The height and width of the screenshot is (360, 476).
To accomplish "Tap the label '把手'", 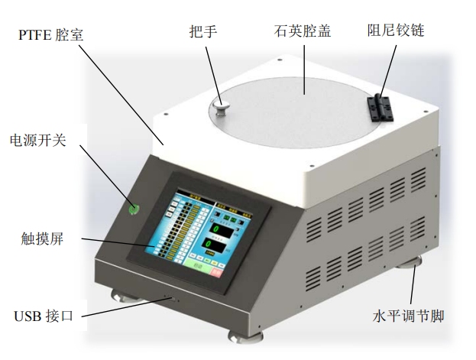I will (x=203, y=31).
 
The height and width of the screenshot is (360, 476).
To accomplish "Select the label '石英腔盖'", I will (x=302, y=31).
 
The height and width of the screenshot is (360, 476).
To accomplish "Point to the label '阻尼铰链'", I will (x=395, y=31).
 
